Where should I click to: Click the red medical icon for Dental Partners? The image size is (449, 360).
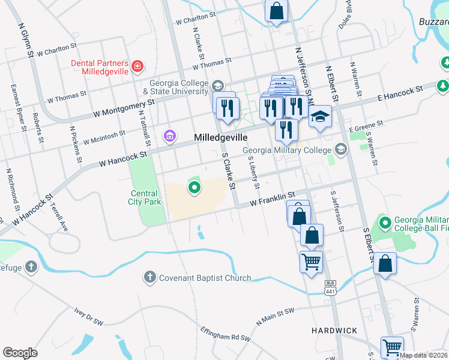[x=138, y=65]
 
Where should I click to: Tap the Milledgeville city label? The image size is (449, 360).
[x=221, y=138]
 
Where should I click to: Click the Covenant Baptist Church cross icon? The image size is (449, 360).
[x=149, y=277]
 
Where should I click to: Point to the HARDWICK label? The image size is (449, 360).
[x=334, y=331]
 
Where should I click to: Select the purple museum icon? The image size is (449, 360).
[x=170, y=137]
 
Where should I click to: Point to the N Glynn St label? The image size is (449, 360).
[x=25, y=41]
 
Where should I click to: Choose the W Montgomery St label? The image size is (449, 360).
[x=125, y=108]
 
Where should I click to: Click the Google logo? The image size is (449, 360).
[x=20, y=353]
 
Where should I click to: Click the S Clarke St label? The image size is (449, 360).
[x=228, y=169]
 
